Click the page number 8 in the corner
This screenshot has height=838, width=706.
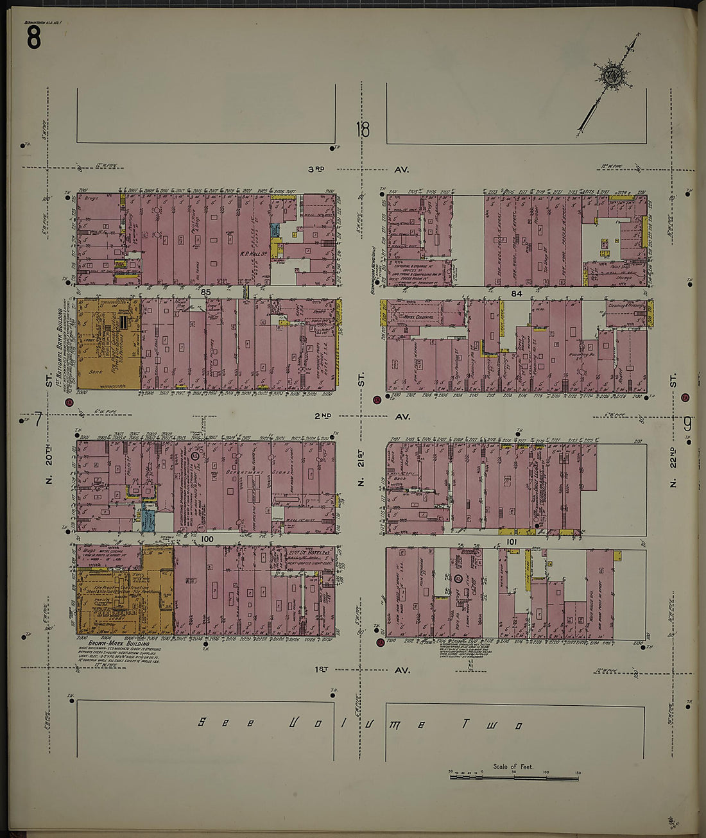click(33, 39)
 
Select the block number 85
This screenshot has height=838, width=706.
click(205, 293)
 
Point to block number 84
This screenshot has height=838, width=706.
click(517, 293)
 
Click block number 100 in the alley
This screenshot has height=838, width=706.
click(206, 539)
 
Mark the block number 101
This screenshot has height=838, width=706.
click(512, 541)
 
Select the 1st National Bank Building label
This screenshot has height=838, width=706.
click(59, 334)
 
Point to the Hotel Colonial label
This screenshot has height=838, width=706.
click(419, 317)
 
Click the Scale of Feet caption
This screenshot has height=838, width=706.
click(513, 766)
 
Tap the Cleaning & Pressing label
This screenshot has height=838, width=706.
click(625, 306)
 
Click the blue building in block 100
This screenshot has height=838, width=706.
click(148, 518)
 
